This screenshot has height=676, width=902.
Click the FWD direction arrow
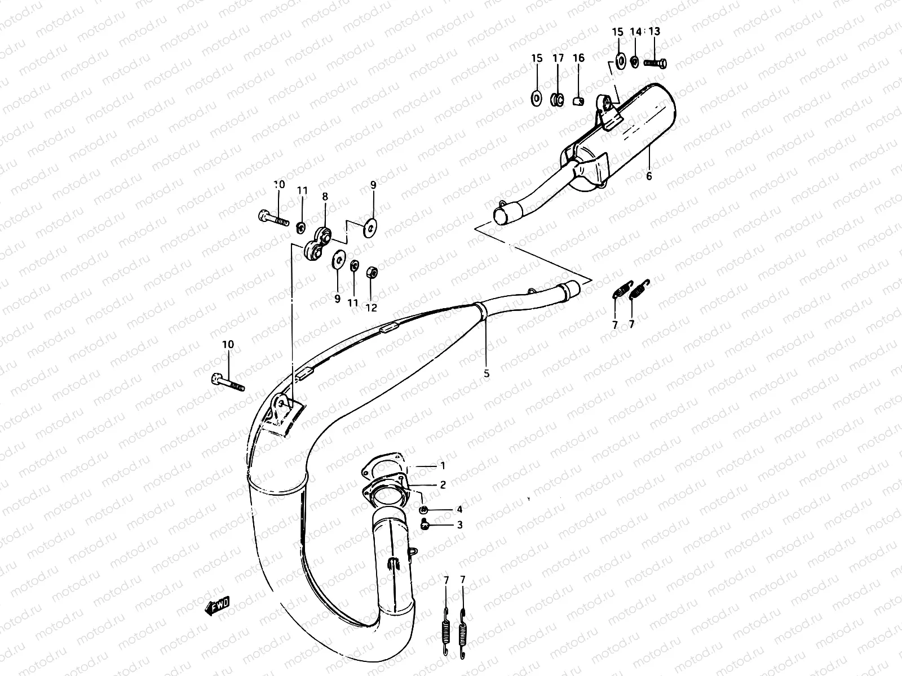[x=217, y=604]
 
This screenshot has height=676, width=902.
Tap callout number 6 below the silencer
[x=649, y=176]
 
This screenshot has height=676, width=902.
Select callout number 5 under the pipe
[x=487, y=373]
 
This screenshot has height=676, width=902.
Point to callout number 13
[x=654, y=32]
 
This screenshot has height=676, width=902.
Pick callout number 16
[x=578, y=58]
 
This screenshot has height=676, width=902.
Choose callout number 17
[x=558, y=58]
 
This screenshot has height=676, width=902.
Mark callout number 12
[x=371, y=308]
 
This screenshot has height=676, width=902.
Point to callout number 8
[x=325, y=197]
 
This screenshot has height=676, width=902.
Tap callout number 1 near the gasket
[x=443, y=466]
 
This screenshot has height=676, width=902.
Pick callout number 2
[x=443, y=484]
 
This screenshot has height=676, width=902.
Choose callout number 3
[x=459, y=525]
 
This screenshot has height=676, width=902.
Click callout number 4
[x=459, y=510]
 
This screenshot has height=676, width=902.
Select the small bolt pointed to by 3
[x=425, y=525]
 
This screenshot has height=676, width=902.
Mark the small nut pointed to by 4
[x=424, y=510]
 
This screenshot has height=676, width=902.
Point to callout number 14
[x=635, y=32]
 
